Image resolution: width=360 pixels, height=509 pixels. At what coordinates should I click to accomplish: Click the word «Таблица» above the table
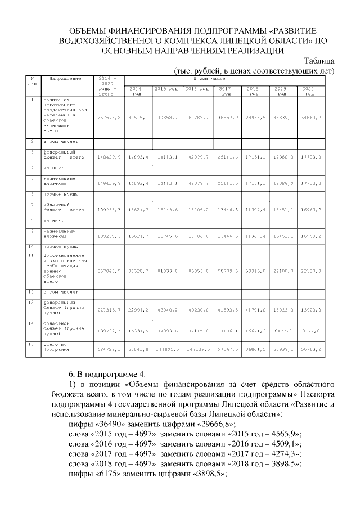pos(318,61)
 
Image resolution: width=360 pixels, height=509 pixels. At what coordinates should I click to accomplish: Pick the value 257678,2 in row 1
pos(109,119)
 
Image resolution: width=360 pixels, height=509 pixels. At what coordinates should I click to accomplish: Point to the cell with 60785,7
pos(197,119)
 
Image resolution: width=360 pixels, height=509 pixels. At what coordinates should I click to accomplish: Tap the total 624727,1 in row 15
pos(109,349)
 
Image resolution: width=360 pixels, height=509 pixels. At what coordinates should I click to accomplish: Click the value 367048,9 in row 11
pos(109,271)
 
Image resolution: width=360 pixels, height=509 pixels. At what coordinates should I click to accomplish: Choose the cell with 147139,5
pos(197,349)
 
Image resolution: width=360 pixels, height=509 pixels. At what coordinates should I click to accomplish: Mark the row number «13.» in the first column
pos(33,302)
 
